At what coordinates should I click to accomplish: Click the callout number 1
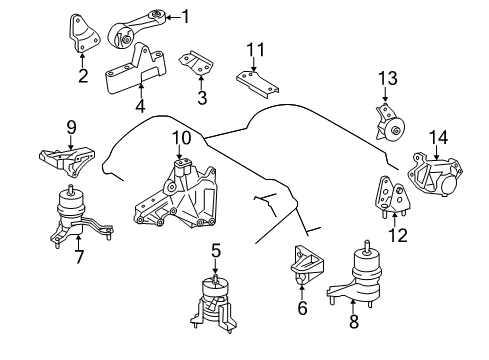coord(184,16)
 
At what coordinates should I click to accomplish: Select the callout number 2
coord(83,75)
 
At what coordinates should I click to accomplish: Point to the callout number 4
coord(139,105)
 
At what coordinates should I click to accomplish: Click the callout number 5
coord(215,251)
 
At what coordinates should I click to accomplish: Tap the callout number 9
coord(71,127)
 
